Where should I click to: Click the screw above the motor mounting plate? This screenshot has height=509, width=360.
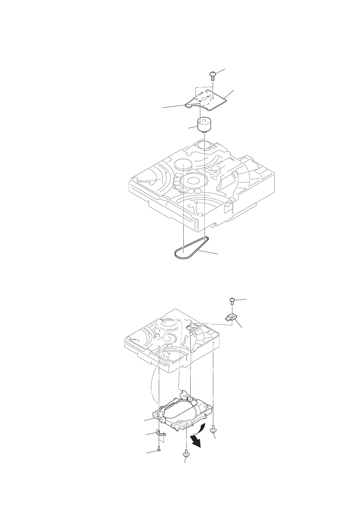[213, 74]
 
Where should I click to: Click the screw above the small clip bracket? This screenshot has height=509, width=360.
[232, 300]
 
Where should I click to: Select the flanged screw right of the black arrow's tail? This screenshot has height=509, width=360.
[214, 428]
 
